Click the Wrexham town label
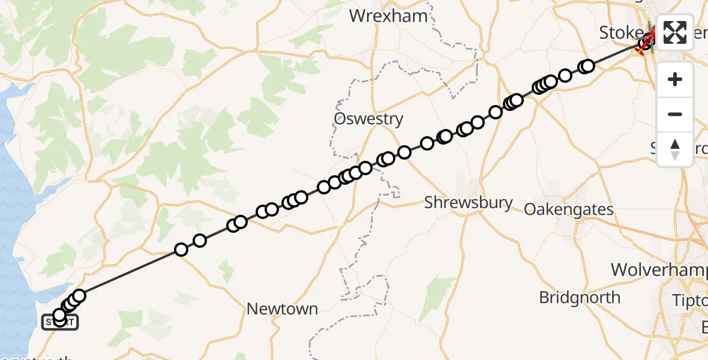coord(389,16)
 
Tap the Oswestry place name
coord(368,118)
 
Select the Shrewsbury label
coord(468,203)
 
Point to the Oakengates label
coord(569,209)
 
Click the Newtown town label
coord(283,309)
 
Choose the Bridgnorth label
coord(580,297)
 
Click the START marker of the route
coord(59,323)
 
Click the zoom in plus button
coord(675,79)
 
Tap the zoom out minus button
coord(675,114)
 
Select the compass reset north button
coord(675,149)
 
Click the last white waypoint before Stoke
coord(587,66)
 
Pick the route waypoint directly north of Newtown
coord(272,209)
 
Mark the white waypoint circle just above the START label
coord(59,315)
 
